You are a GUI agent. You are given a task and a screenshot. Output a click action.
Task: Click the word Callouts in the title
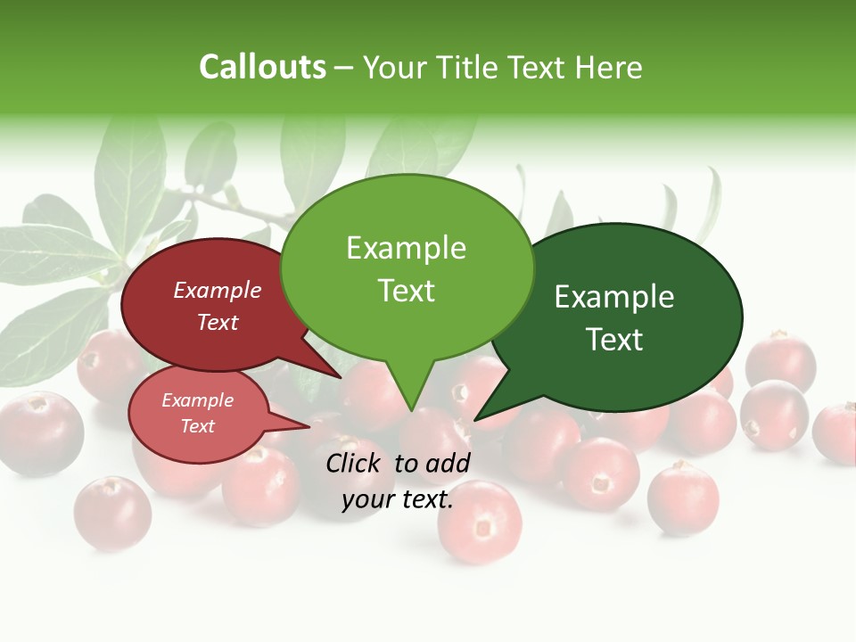(262, 67)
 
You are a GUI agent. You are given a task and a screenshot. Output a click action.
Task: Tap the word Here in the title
(610, 67)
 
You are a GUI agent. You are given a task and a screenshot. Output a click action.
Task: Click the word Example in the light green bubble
(407, 248)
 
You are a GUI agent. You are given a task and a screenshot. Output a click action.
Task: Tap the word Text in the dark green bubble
(614, 339)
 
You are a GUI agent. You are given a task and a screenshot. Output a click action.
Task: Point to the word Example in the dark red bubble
(218, 290)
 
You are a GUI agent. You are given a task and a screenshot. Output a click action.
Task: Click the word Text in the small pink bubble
(198, 426)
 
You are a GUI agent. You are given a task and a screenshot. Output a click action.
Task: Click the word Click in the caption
(356, 463)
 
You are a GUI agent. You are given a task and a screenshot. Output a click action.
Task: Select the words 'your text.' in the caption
(398, 499)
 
